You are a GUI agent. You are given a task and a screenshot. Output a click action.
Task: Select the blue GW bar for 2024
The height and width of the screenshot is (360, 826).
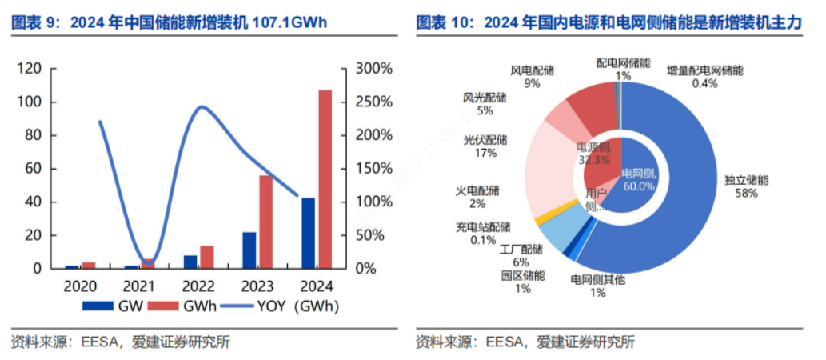(308, 232)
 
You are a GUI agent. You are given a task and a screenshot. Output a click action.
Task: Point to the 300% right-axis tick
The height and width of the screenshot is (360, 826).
(373, 69)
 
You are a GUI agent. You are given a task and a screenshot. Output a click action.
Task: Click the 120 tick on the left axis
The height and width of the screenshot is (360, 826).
(30, 69)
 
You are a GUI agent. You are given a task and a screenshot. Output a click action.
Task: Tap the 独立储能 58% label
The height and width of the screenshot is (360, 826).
(746, 187)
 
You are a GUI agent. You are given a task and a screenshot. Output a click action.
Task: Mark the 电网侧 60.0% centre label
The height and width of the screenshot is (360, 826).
(639, 180)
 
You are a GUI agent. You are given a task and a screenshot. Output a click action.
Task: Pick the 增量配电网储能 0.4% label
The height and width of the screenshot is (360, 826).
(704, 77)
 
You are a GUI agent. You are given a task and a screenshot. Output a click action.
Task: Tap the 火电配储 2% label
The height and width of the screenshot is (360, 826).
(477, 197)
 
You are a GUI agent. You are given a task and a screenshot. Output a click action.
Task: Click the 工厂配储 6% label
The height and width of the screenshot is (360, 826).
(521, 255)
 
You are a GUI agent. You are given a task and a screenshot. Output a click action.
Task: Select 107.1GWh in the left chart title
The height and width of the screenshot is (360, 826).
(289, 22)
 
